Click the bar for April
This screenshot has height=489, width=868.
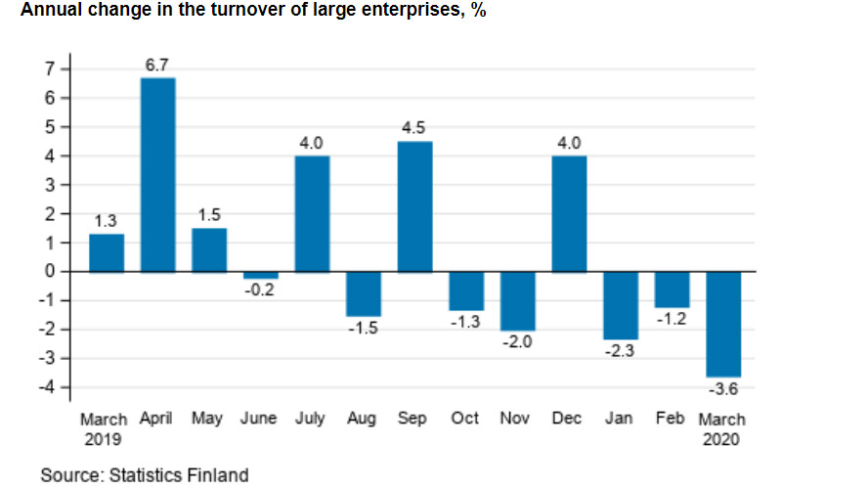pos(157,174)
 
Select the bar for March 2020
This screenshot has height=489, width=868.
pos(723,324)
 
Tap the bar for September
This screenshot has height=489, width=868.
pos(414,206)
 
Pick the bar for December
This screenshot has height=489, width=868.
pos(569,213)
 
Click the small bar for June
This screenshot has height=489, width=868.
pos(260,275)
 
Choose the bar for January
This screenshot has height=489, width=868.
pos(621,305)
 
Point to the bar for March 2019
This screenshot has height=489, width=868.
pos(106,252)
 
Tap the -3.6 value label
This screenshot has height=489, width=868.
pos(723,390)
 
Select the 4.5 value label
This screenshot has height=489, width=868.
pos(414,128)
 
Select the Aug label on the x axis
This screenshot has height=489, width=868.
pos(363,419)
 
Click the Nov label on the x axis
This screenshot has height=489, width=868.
pos(516,419)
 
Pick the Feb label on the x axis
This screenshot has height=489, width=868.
pos(672,419)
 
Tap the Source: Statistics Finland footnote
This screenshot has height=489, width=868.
pos(144,475)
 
